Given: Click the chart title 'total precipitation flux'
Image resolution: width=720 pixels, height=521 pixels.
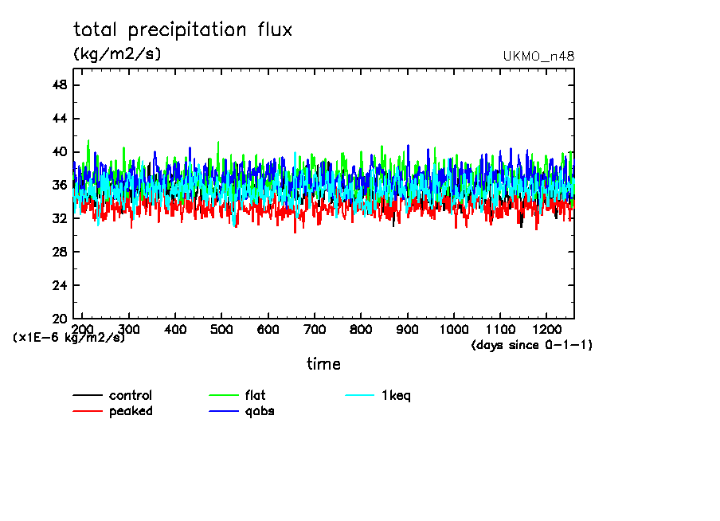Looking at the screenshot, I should pyautogui.click(x=183, y=30).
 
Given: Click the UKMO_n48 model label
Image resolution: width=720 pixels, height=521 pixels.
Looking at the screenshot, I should pyautogui.click(x=538, y=57).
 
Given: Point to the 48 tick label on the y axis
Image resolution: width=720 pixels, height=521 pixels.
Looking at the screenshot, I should pyautogui.click(x=60, y=85).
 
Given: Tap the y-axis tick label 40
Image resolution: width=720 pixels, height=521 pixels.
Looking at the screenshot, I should pyautogui.click(x=60, y=152).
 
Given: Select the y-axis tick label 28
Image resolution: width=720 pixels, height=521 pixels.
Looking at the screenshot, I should pyautogui.click(x=60, y=252).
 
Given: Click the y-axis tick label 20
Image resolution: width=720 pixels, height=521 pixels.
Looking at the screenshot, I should pyautogui.click(x=60, y=319).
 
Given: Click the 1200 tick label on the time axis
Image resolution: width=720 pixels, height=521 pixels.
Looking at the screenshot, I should pyautogui.click(x=546, y=329).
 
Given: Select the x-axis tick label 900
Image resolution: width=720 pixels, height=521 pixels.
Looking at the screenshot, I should pyautogui.click(x=407, y=329).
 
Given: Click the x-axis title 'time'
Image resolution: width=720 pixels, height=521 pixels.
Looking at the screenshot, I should pyautogui.click(x=323, y=364).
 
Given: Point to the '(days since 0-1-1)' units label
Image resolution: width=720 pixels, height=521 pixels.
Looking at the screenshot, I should pyautogui.click(x=531, y=345).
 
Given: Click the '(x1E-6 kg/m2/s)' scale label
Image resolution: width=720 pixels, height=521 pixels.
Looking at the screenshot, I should pyautogui.click(x=68, y=338).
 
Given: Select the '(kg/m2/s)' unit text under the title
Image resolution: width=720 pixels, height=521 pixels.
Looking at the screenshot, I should pyautogui.click(x=117, y=54).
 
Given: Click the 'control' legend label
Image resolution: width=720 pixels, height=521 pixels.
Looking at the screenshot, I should pyautogui.click(x=131, y=395).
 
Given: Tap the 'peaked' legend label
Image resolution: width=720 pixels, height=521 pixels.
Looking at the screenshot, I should pyautogui.click(x=131, y=411).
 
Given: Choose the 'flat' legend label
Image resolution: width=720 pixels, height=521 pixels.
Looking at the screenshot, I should pyautogui.click(x=256, y=395).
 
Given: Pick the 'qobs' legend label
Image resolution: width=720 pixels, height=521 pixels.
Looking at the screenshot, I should pyautogui.click(x=260, y=411).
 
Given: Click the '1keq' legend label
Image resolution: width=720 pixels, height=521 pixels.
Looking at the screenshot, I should pyautogui.click(x=396, y=395).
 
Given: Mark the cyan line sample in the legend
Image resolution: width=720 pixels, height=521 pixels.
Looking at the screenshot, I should pyautogui.click(x=359, y=395).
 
